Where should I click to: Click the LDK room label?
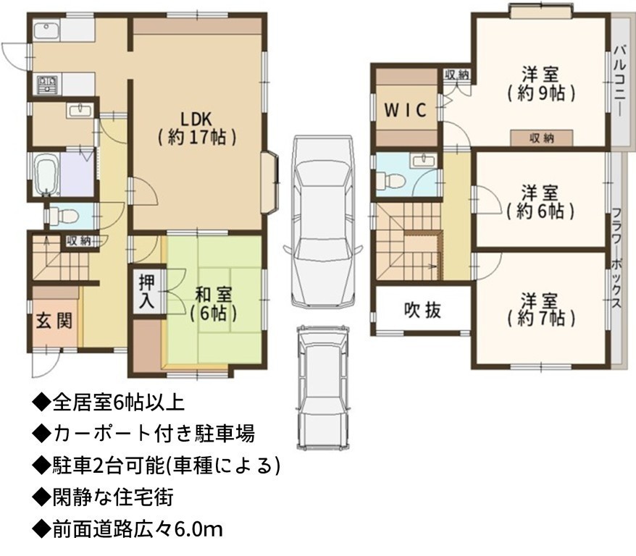pos(197,128)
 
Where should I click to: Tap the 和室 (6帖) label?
pos(214,304)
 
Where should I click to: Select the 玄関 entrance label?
pos(54,321)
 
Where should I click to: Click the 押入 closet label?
pos(146,291)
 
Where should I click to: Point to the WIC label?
pos(405,110)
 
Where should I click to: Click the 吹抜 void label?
pos(422,311)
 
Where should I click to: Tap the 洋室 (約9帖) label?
pos(540,84)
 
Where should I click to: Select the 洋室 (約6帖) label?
pos(540,202)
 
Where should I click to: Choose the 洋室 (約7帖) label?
pos(540,310)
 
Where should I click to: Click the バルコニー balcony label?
pos(619,81)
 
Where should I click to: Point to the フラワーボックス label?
pos(616,258)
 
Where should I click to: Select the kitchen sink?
pos(46,31)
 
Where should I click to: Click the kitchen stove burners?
pos(48,85)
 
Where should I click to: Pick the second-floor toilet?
pos(390,180)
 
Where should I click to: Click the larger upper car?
pos(322,222)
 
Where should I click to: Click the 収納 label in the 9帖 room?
pos(542,138)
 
